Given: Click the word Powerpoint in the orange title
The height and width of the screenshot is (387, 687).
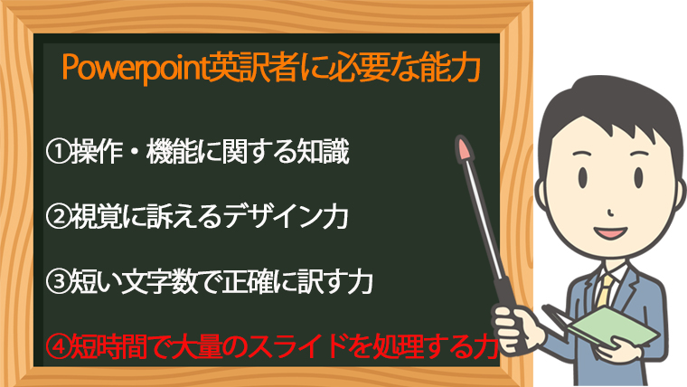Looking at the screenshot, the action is [x=135, y=68].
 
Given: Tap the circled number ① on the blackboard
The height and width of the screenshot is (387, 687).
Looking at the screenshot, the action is [x=58, y=152].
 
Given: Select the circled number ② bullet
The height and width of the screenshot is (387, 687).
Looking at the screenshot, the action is [x=58, y=217].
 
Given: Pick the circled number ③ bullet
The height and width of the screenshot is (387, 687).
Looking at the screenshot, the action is [x=58, y=282].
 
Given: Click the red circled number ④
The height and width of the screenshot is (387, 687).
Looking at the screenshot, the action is [x=58, y=346].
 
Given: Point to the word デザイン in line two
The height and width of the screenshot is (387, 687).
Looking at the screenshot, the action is [x=273, y=217].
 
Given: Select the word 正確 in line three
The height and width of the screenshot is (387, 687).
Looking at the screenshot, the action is [x=248, y=282].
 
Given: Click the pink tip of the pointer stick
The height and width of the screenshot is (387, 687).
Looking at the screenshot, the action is [x=464, y=148].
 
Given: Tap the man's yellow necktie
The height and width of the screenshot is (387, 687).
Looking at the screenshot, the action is [x=605, y=290].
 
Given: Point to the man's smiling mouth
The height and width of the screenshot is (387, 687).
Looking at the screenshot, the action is [x=610, y=232].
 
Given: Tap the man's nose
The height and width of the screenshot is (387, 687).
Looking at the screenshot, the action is [x=611, y=213].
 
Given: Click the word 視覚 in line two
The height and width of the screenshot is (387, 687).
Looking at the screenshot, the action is [x=97, y=217].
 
